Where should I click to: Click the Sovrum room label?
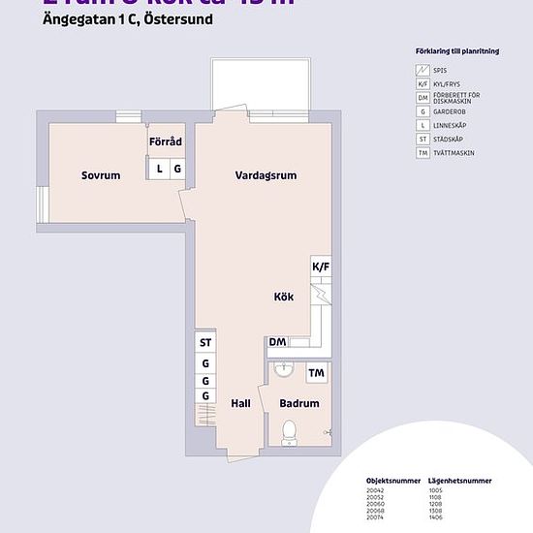(101, 175)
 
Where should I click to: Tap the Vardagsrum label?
(266, 175)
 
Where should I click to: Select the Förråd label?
(166, 141)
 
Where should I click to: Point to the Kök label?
(284, 298)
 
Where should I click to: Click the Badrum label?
(299, 403)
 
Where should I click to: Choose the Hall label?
(241, 403)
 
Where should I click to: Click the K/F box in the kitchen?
(320, 266)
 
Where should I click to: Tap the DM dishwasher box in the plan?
(277, 342)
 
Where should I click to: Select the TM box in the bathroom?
(316, 373)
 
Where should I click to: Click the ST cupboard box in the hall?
(205, 343)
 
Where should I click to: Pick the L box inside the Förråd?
(160, 169)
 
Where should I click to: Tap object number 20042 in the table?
(375, 490)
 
